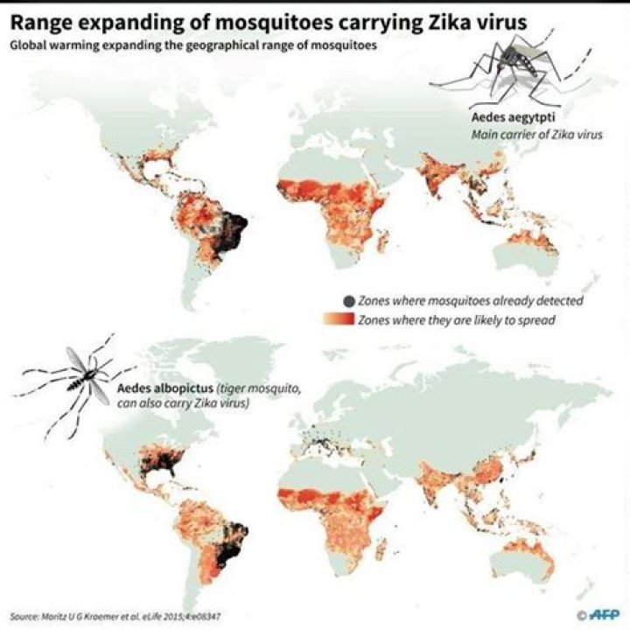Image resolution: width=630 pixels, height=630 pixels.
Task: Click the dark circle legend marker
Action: point(349,301)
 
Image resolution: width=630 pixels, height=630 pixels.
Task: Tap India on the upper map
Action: point(437,179)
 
